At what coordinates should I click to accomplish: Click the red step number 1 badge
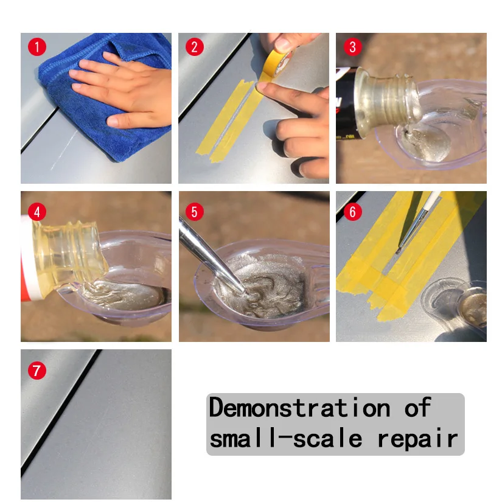37,47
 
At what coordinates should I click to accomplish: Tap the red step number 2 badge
195,47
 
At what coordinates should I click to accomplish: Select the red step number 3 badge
352,47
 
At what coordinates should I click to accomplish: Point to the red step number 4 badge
37,212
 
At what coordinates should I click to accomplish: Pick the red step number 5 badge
195,212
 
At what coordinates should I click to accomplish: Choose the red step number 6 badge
352,212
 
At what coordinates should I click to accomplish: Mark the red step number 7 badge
37,371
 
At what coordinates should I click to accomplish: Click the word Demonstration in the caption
299,407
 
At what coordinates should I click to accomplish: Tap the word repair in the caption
417,439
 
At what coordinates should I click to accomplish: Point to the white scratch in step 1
64,150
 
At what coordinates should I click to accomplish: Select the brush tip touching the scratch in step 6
399,250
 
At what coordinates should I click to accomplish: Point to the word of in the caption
417,407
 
